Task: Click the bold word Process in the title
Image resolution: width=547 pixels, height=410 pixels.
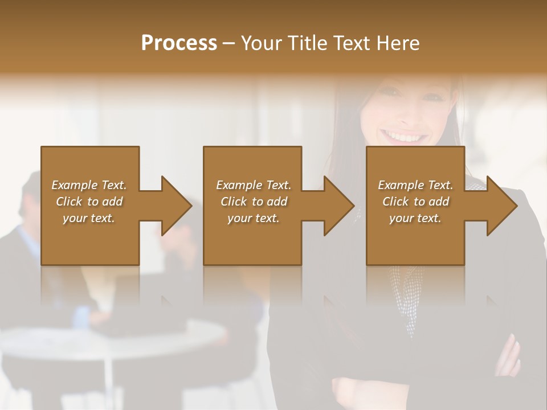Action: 179,43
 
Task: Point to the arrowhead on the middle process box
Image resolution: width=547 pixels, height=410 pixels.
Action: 338,206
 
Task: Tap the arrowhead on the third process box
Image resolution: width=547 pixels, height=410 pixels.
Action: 501,206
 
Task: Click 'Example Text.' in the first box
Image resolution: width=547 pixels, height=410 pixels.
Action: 89,185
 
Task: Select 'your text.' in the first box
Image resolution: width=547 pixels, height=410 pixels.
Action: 89,218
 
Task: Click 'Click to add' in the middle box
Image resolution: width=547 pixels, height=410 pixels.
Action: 254,202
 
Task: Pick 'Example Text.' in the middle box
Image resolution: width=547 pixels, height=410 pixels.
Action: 254,185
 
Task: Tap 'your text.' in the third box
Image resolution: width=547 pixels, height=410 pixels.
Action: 415,218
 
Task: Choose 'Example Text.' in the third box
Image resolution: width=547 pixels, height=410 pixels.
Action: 415,185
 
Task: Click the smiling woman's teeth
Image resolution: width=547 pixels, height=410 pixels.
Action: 406,137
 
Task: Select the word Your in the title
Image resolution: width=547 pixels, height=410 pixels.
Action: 260,43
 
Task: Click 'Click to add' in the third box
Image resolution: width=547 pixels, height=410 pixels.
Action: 415,202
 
